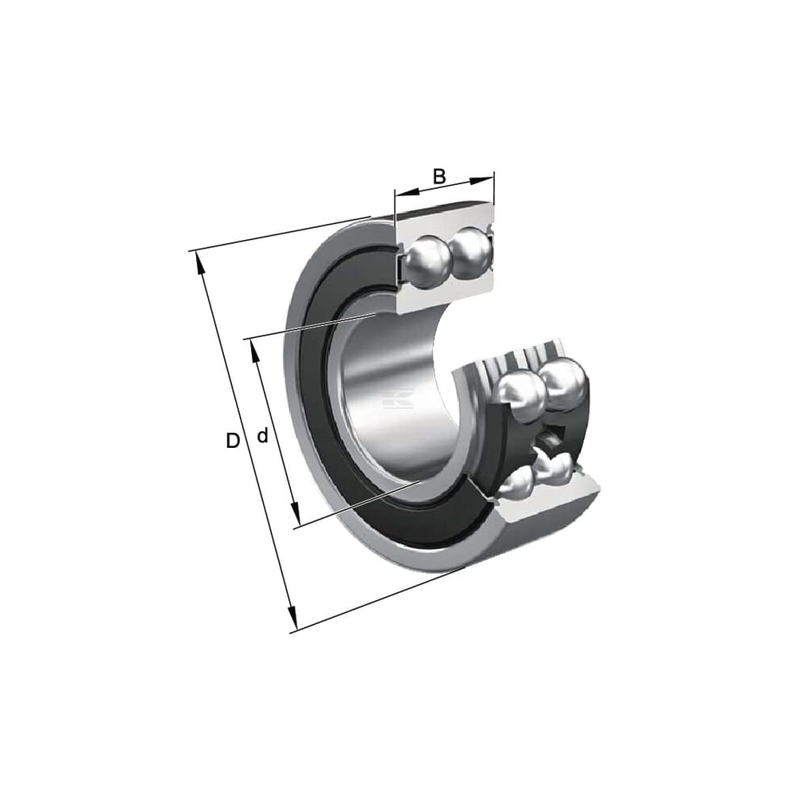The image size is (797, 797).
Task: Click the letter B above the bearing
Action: point(439,176)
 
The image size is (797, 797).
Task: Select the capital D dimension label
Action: point(232,441)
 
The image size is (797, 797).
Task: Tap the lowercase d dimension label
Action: point(262,435)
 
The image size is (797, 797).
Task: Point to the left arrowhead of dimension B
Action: point(406,192)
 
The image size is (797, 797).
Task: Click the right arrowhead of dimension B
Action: point(482,179)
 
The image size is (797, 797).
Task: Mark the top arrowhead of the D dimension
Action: point(200,263)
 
